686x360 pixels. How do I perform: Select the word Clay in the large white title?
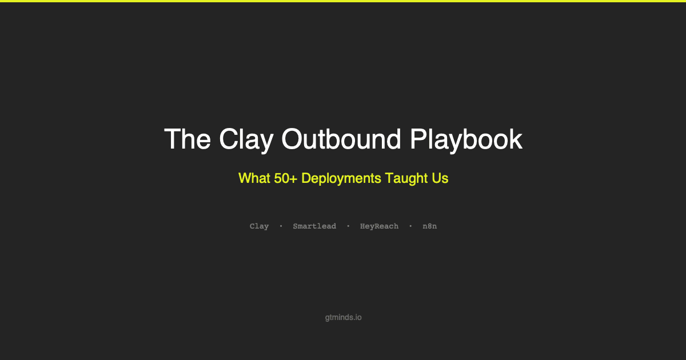244,139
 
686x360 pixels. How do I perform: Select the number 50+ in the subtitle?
285,178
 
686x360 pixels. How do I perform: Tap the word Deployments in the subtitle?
341,179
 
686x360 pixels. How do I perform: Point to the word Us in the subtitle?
440,178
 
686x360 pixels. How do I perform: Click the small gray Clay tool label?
259,226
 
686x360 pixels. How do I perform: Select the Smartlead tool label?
314,226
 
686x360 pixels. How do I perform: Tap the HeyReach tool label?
379,226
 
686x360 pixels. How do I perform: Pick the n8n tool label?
430,226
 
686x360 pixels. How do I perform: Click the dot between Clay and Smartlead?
281,226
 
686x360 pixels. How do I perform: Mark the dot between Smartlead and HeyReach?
348,226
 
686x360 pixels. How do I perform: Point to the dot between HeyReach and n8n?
410,226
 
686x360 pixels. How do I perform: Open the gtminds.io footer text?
343,317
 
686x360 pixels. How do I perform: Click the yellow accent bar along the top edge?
343,1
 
